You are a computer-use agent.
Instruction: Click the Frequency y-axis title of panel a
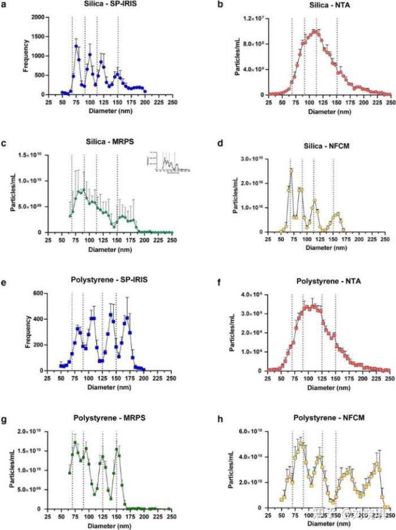(26, 55)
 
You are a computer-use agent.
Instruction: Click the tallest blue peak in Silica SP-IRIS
(77, 46)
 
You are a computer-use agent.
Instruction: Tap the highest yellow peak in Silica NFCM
(291, 171)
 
